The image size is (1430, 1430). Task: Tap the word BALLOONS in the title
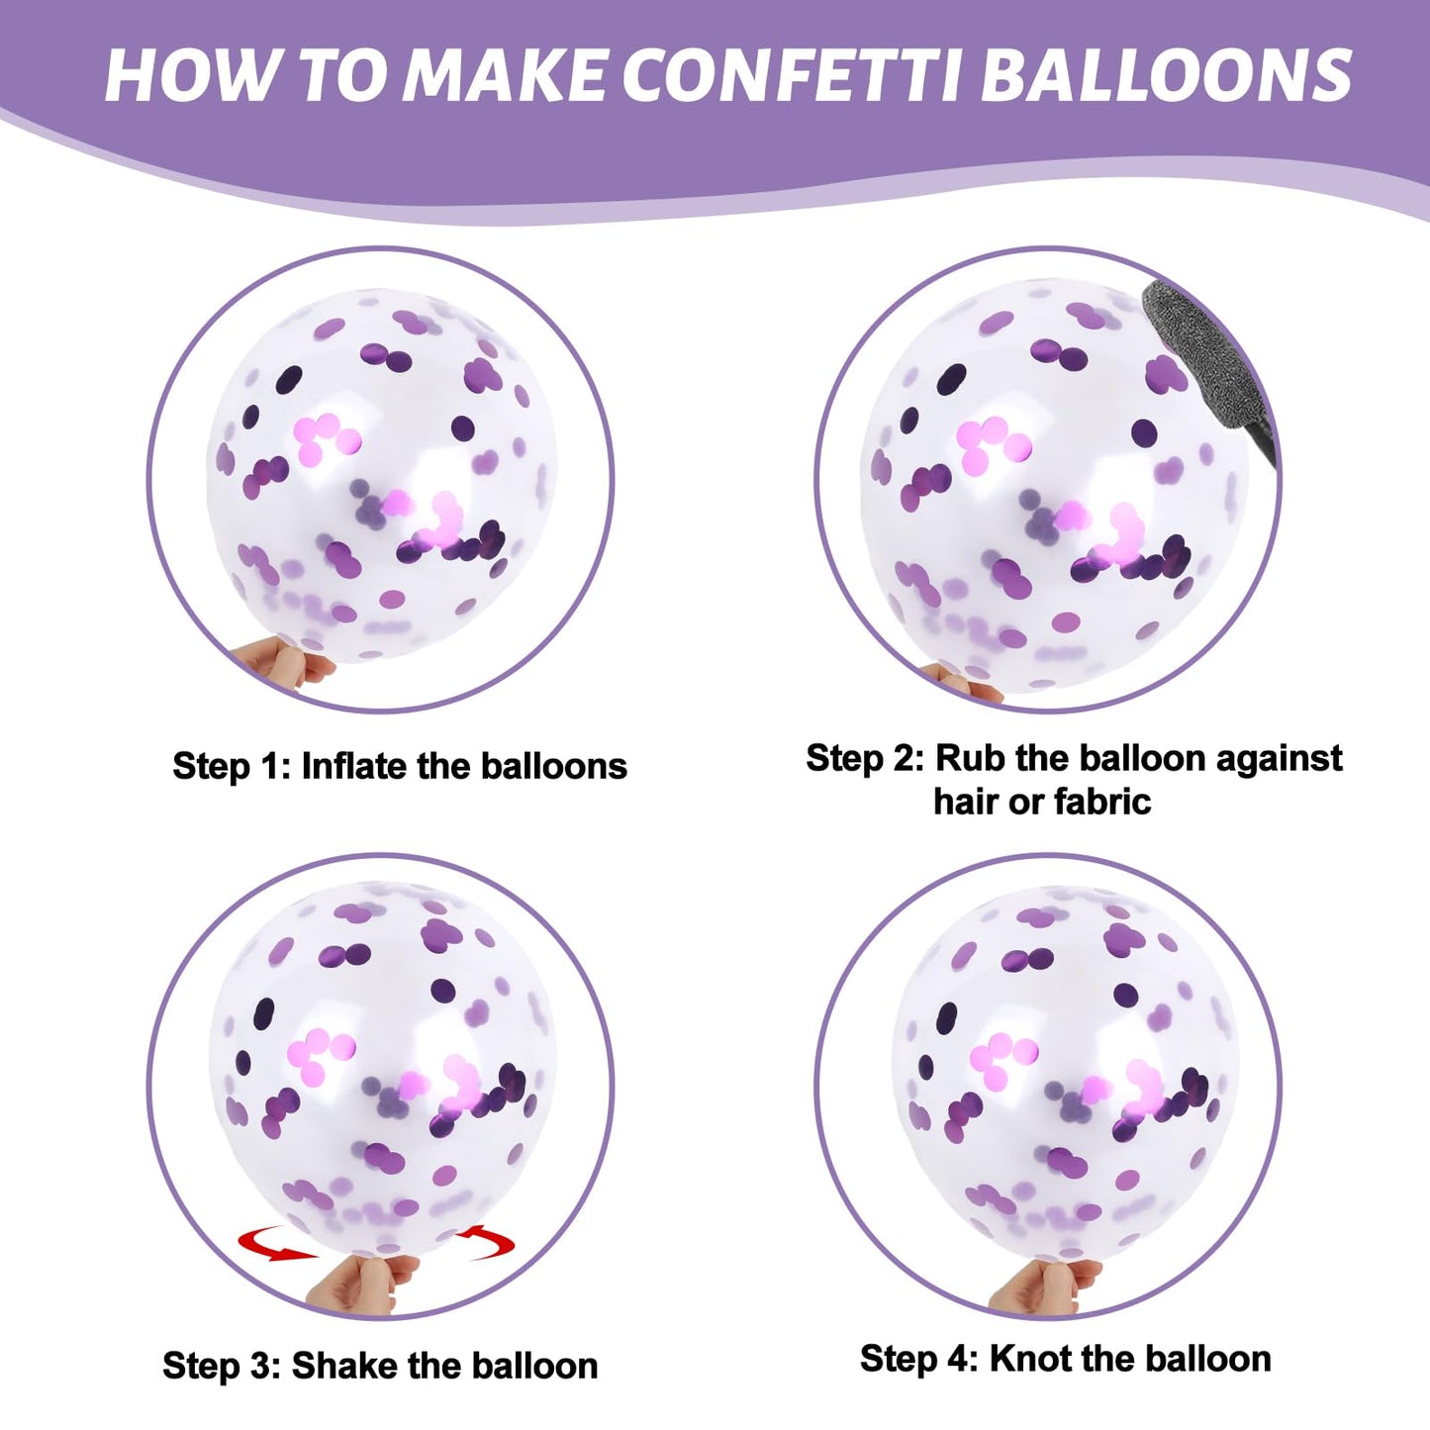[x=1171, y=74]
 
